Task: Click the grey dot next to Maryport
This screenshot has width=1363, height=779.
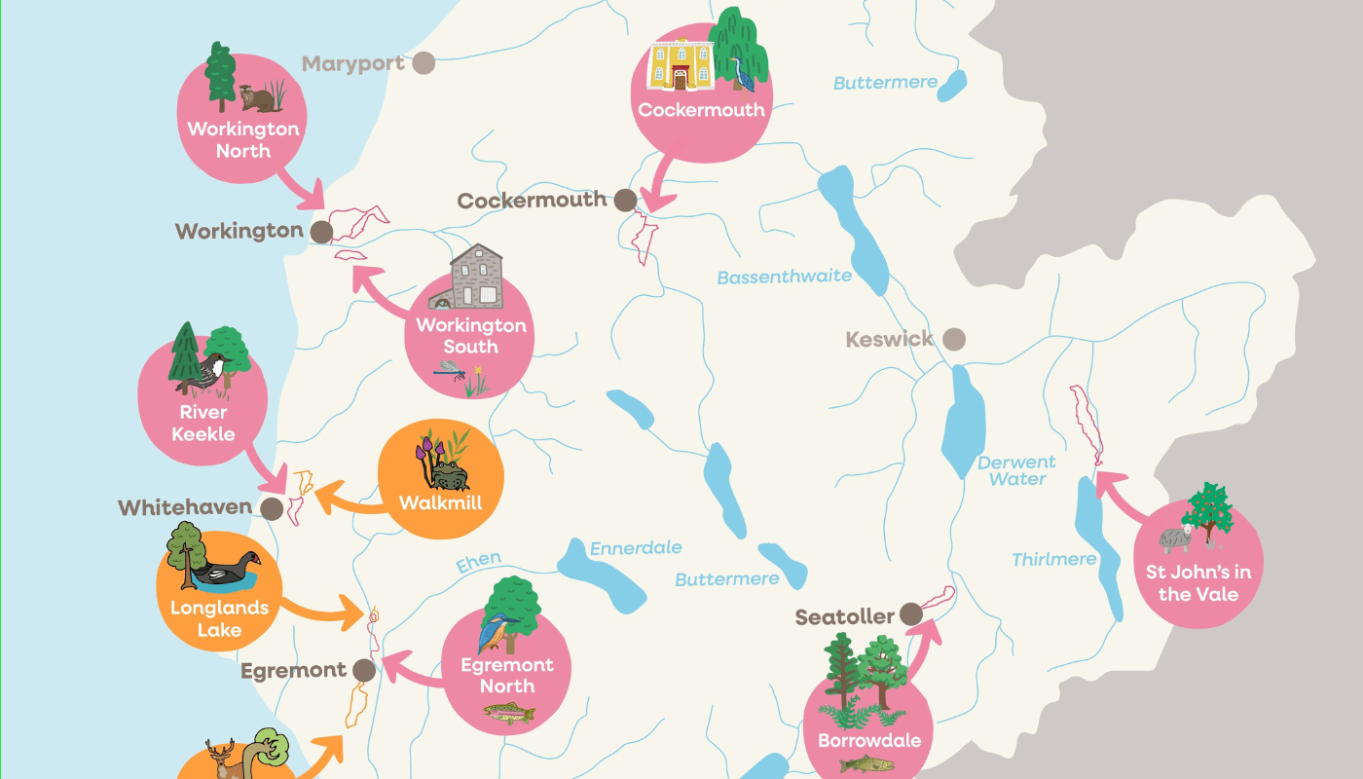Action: tap(423, 63)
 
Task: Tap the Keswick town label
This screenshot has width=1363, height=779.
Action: tap(890, 340)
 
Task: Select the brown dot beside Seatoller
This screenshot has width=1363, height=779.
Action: tap(910, 613)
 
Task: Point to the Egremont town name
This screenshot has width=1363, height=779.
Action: tap(293, 671)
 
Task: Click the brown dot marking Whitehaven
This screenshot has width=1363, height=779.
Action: tap(272, 508)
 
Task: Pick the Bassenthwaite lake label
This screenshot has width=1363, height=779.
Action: tap(784, 278)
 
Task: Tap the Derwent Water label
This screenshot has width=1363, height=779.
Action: tap(1016, 470)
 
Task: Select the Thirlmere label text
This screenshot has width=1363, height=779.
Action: tap(1053, 560)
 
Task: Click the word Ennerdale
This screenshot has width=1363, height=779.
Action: tap(636, 549)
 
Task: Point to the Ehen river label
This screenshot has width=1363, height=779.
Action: tap(479, 563)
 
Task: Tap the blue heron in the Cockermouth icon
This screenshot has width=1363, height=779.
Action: tap(746, 73)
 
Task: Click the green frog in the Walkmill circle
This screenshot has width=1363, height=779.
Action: tap(449, 475)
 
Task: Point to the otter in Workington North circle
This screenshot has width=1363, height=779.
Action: tap(258, 97)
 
